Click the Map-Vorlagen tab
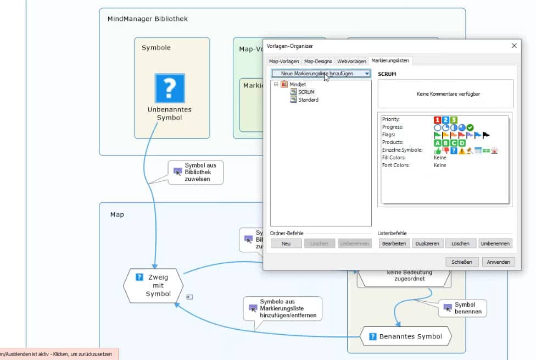(284, 61)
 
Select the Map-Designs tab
(318, 61)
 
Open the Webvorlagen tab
(351, 61)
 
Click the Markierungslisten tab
(390, 60)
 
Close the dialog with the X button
(514, 46)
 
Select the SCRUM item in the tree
(306, 92)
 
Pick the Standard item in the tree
(308, 99)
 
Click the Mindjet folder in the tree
(297, 84)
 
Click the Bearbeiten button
(394, 243)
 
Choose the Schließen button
(462, 262)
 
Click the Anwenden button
(499, 262)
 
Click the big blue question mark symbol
(170, 88)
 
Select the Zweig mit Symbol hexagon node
(153, 286)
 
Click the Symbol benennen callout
(463, 308)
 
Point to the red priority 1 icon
(437, 119)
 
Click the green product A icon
(437, 142)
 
